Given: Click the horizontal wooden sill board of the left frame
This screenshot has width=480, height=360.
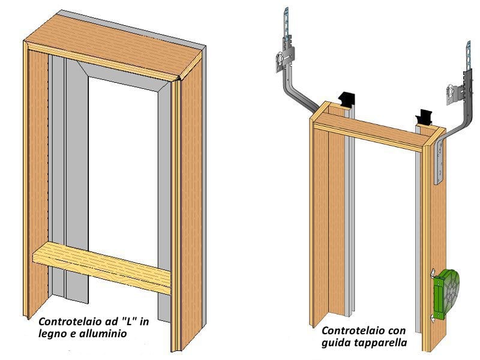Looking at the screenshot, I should coord(102,267).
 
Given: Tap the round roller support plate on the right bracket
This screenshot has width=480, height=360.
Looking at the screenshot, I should coord(452,92).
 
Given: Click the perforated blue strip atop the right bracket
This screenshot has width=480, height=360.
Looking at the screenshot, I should coord(467,58).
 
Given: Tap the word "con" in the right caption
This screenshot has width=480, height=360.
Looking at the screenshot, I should coord(397,330).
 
